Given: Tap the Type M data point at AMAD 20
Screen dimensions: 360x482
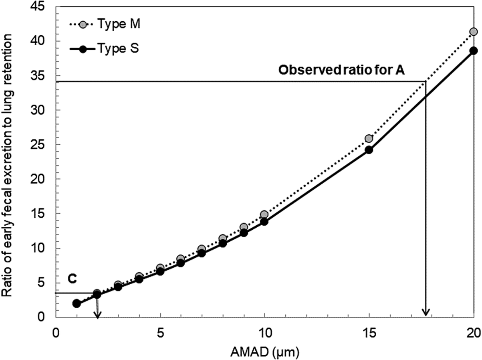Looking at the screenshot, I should tap(473, 32).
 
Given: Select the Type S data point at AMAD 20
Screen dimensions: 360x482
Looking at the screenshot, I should tap(473, 51).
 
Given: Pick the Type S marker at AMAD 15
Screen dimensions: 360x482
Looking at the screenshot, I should tap(369, 150).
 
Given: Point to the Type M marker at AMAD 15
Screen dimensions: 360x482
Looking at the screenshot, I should tap(369, 139).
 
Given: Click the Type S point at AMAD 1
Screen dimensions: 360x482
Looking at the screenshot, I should tap(77, 303).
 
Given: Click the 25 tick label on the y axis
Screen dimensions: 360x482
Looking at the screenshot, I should tap(40, 145).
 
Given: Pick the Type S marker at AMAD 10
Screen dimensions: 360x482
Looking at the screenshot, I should tap(264, 221).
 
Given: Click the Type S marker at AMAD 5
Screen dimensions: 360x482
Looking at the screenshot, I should tap(160, 271).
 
